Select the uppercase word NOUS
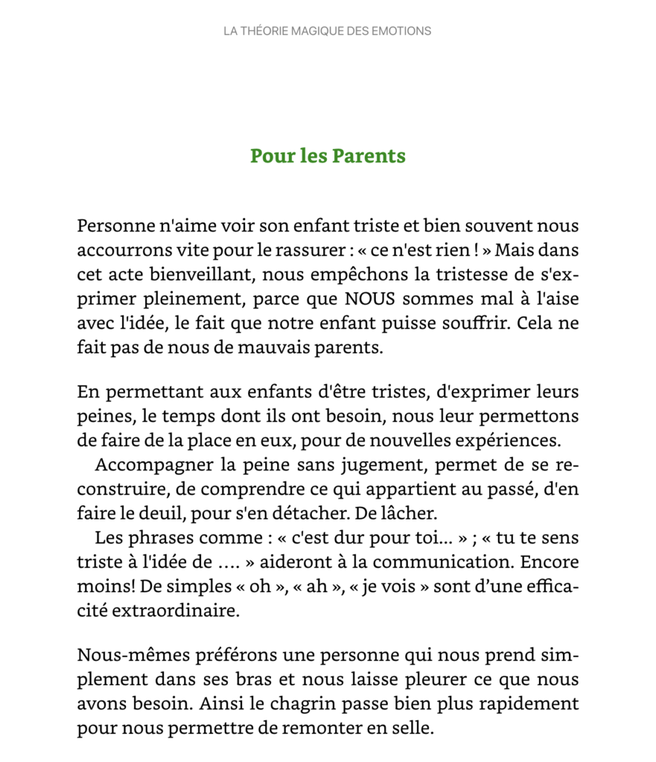pos(369,299)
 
